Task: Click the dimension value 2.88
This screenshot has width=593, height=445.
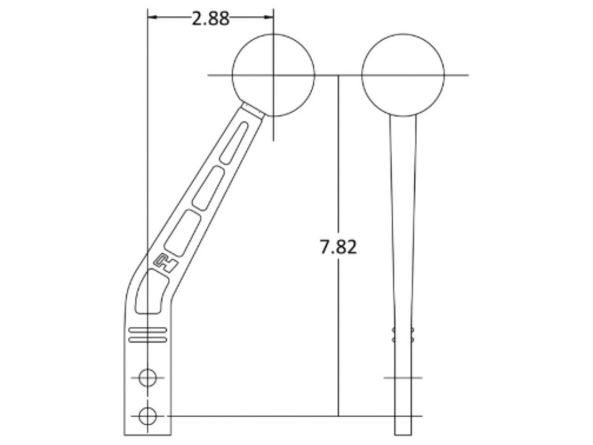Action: pos(210,19)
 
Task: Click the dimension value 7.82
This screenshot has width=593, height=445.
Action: pos(338,247)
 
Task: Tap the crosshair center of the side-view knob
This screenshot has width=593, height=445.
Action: pos(273,75)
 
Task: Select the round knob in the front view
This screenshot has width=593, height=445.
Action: pos(403,75)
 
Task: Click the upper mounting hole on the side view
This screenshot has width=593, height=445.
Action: pos(148,378)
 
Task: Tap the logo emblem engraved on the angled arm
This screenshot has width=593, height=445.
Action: pos(165,262)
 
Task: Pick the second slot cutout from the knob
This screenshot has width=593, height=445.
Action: pos(208,188)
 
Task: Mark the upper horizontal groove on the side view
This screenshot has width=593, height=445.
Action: pos(148,331)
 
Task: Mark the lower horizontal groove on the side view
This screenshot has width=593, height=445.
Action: pos(148,340)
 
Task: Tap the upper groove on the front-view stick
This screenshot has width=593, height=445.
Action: pos(403,331)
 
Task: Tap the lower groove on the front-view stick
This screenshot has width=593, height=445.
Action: pos(403,340)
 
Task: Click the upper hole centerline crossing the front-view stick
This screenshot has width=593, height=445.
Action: pos(403,378)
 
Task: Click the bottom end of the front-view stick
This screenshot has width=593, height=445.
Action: pos(403,434)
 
